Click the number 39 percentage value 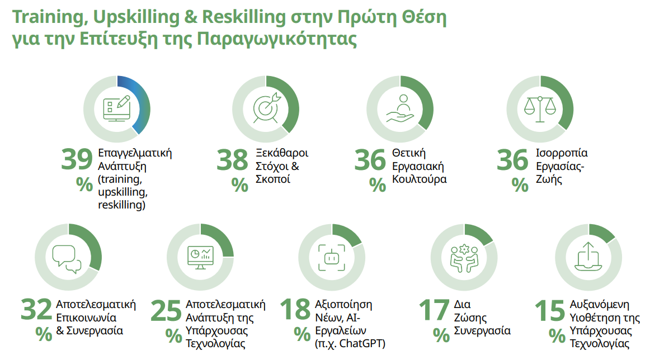point(77,159)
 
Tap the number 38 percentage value point(232,160)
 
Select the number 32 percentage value point(36,310)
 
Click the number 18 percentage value point(295,310)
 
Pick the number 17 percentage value point(434,310)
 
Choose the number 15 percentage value point(550,310)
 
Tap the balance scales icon point(540,110)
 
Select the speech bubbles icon point(67,259)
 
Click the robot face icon point(332,258)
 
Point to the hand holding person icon point(401,108)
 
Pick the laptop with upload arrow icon point(588,257)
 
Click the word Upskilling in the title point(136,17)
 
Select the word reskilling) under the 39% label point(122,205)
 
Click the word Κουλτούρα point(420,179)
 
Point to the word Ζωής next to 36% point(549,180)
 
